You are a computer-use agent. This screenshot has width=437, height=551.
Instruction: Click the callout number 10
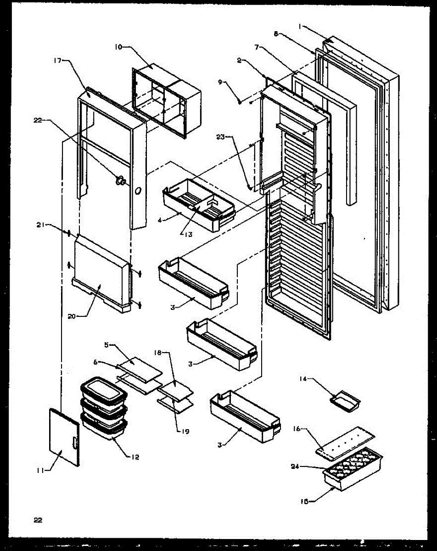[118, 46]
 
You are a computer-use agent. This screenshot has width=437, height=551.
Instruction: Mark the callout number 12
[134, 457]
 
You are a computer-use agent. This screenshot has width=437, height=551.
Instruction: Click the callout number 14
[303, 379]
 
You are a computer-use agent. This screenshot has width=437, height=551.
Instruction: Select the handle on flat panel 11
[75, 443]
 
